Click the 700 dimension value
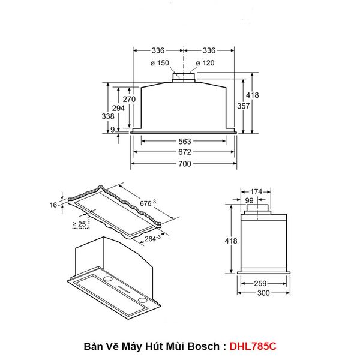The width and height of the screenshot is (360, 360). (184, 164)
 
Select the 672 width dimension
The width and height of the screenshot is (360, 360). (184, 152)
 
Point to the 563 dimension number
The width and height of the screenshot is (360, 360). (184, 142)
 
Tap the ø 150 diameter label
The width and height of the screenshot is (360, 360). (159, 63)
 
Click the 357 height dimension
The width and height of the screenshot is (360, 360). (243, 106)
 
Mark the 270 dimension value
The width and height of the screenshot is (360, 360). (129, 99)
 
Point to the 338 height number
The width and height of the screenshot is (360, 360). (109, 116)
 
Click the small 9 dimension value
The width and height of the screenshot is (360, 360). (113, 130)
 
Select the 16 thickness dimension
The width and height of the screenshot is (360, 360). (53, 205)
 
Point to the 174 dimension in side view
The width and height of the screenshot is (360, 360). (256, 192)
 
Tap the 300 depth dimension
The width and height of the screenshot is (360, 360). (262, 293)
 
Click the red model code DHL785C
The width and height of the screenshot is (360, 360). (254, 347)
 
